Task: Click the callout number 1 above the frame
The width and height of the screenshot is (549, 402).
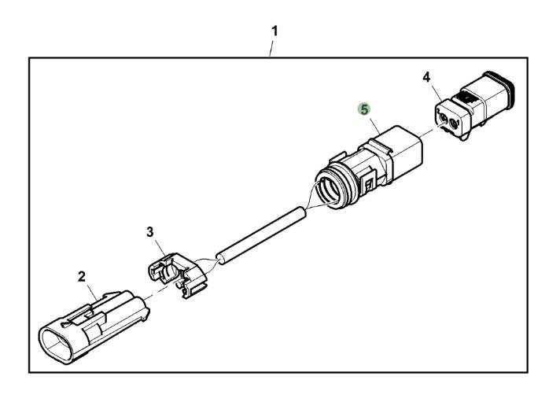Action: click(x=274, y=31)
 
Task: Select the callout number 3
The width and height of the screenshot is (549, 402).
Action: click(x=150, y=232)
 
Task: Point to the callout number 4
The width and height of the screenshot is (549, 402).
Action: click(x=426, y=77)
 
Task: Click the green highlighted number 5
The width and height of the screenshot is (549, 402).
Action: click(x=364, y=109)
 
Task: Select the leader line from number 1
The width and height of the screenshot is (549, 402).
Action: click(x=270, y=50)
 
